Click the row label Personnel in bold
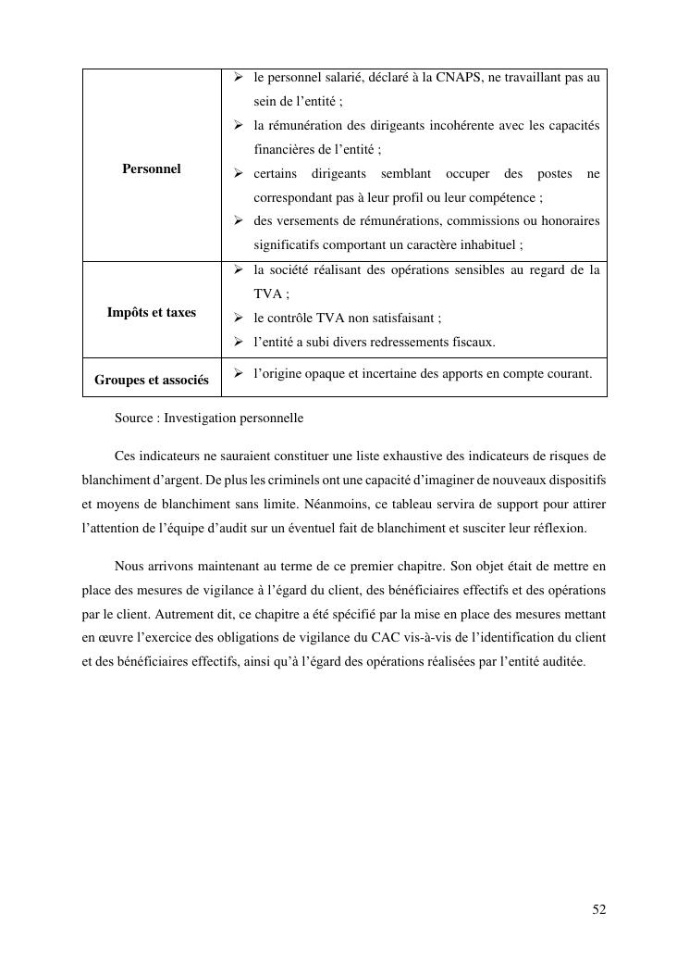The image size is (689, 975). (151, 169)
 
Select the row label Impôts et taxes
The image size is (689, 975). (151, 312)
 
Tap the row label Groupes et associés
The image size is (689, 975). (151, 380)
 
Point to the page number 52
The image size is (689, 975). (599, 910)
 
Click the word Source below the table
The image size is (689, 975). (135, 418)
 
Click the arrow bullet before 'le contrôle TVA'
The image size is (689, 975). (237, 318)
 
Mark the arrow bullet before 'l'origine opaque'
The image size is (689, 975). (237, 373)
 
